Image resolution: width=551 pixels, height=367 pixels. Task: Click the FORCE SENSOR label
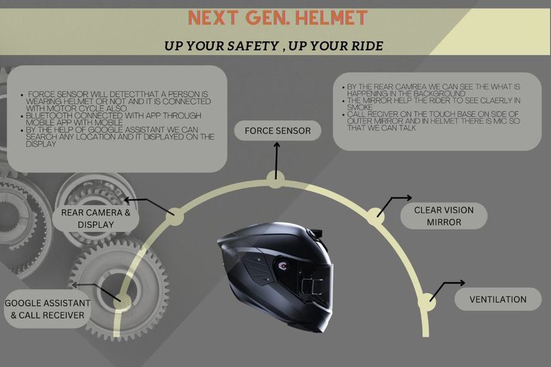pyautogui.click(x=278, y=131)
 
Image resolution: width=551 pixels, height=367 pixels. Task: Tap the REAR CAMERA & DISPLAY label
pyautogui.click(x=96, y=219)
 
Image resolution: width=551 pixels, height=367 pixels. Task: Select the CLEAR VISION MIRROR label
pyautogui.click(x=444, y=216)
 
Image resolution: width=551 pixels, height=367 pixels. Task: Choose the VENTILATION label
pyautogui.click(x=498, y=299)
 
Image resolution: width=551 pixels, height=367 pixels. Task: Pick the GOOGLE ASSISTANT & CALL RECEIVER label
pyautogui.click(x=47, y=309)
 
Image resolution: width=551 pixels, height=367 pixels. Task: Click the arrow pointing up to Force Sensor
pyautogui.click(x=277, y=161)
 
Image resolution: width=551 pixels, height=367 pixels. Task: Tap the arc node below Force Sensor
pyautogui.click(x=276, y=179)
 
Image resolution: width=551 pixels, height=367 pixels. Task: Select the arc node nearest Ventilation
pyautogui.click(x=427, y=302)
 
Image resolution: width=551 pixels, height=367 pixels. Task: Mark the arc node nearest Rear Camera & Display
pyautogui.click(x=174, y=217)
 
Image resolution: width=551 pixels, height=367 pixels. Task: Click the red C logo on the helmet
pyautogui.click(x=283, y=267)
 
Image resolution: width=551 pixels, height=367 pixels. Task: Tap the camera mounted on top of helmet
pyautogui.click(x=314, y=234)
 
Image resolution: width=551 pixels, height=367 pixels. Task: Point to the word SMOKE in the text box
pyautogui.click(x=360, y=107)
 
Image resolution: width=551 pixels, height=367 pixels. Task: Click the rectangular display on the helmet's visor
pyautogui.click(x=312, y=286)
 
